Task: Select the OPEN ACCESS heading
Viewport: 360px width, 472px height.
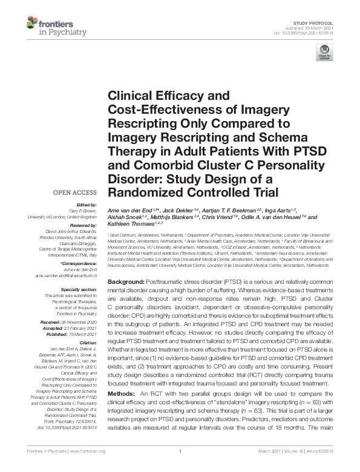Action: (76, 193)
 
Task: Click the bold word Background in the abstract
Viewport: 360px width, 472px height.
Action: (125, 283)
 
